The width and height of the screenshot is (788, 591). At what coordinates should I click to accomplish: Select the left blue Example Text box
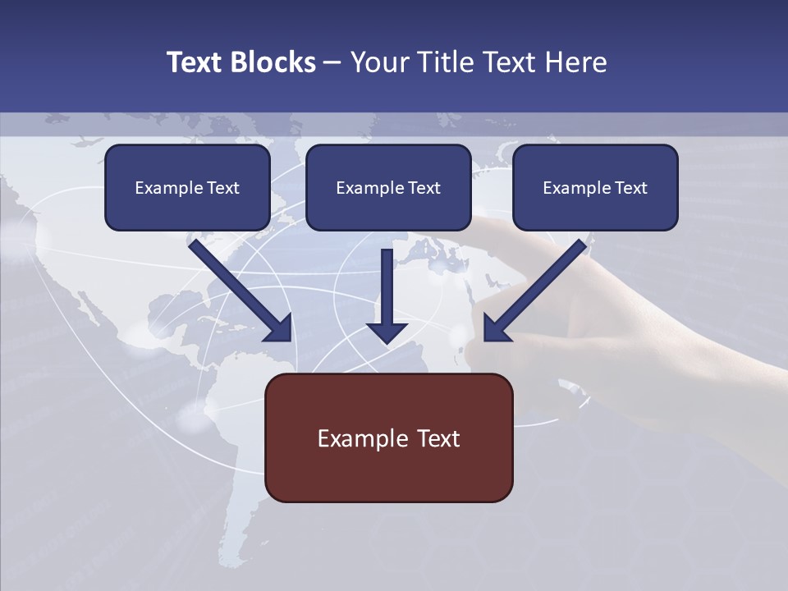(187, 187)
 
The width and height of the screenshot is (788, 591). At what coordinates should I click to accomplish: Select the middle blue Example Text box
(388, 187)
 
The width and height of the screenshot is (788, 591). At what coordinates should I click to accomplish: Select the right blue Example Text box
(595, 187)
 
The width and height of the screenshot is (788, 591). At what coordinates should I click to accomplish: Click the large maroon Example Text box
(388, 438)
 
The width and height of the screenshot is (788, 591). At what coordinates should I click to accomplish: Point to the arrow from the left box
(238, 287)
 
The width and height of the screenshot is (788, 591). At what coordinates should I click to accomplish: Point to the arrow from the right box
(538, 287)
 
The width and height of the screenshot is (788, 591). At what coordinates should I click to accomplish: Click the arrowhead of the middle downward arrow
(387, 332)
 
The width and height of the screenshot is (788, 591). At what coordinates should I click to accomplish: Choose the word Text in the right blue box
(630, 188)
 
